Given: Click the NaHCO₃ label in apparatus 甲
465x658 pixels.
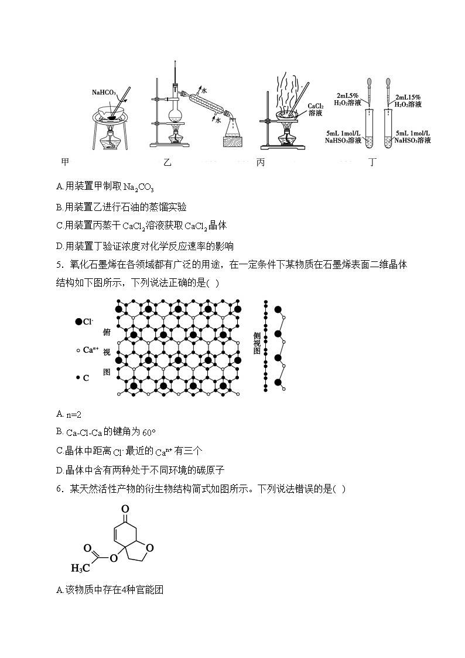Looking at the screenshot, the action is point(104,92).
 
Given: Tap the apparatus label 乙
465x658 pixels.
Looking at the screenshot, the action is point(167,162).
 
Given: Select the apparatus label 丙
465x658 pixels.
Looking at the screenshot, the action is point(261,162).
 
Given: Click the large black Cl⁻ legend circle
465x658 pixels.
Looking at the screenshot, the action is point(78,321).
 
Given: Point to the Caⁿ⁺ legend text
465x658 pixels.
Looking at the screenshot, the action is point(89,350).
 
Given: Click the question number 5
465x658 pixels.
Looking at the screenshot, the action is point(59,265).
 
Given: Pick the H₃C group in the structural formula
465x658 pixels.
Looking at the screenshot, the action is point(79,568).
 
